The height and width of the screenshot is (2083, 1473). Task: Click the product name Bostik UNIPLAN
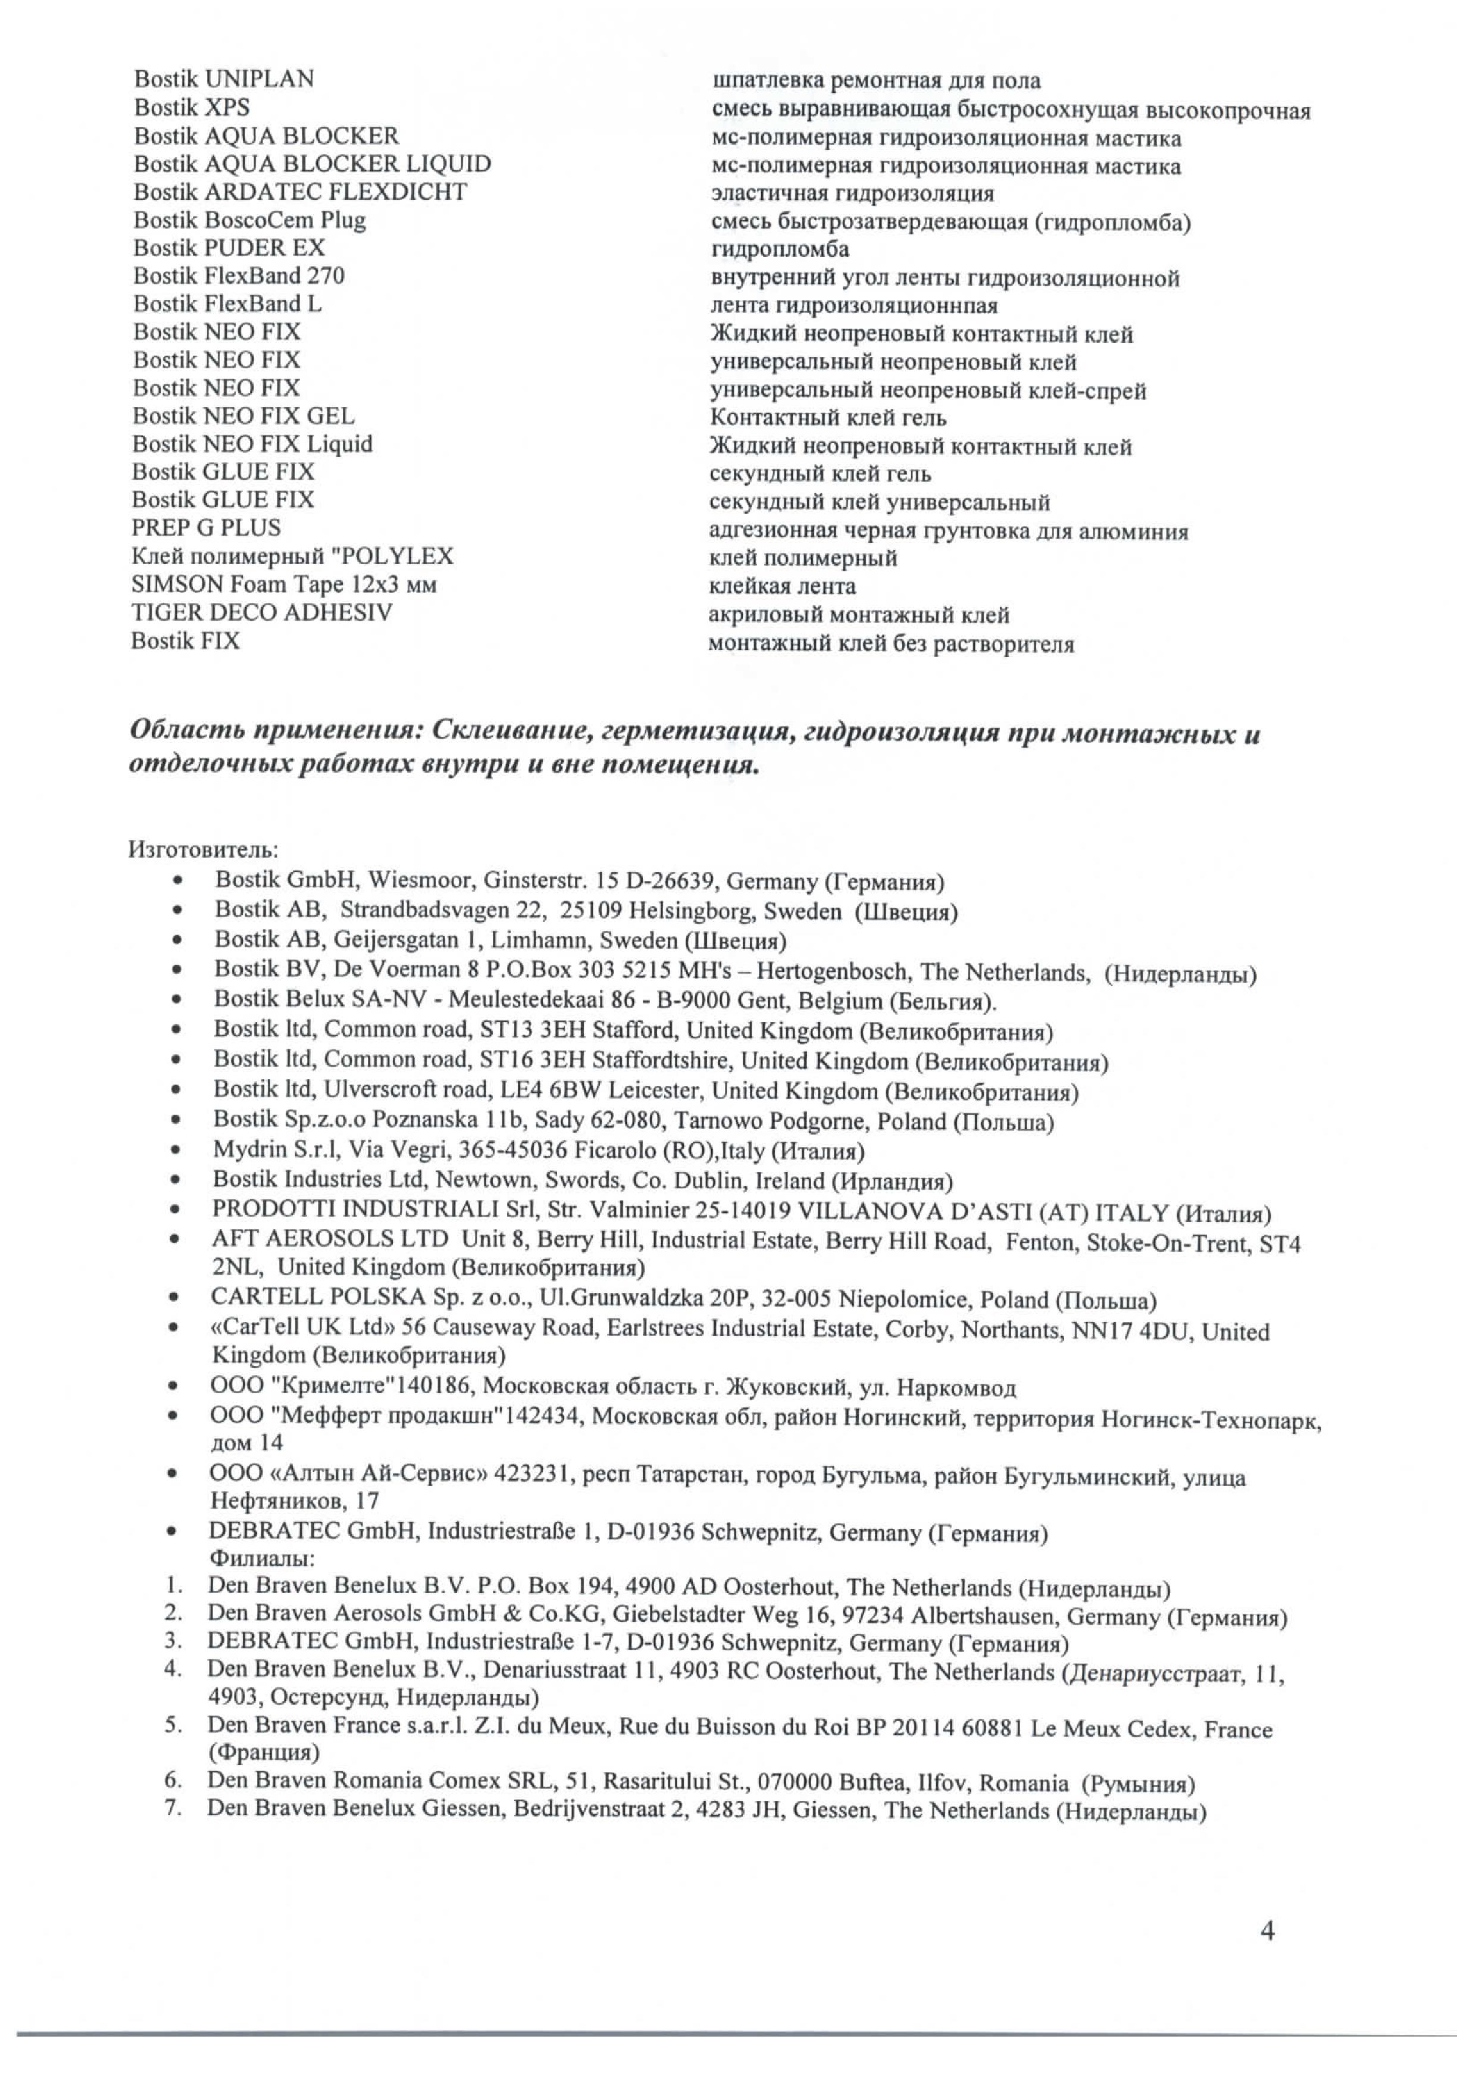pos(224,79)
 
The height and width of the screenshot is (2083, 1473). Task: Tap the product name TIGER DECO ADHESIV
pos(261,612)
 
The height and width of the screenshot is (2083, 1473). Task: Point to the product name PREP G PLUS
pos(206,528)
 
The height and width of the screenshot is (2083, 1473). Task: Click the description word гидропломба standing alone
pos(779,249)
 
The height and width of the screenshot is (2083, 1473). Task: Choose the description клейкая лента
pos(782,586)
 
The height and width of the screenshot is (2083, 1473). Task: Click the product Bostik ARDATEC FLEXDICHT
pos(299,192)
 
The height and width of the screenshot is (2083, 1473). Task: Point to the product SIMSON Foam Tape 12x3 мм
pos(283,584)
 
